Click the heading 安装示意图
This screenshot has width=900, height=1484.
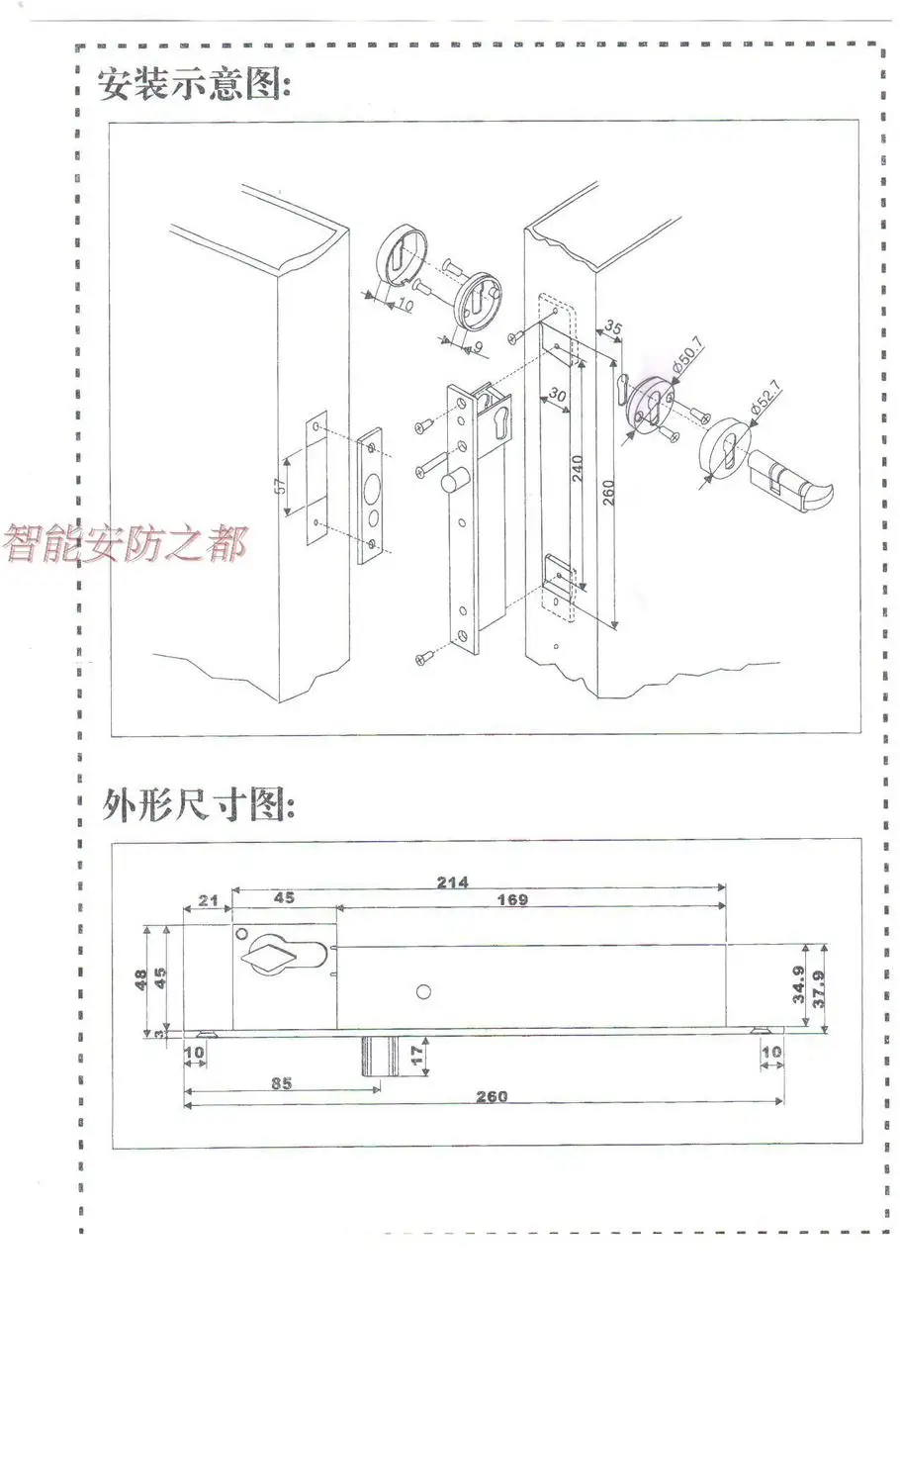(194, 84)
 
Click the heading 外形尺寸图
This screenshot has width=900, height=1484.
(198, 805)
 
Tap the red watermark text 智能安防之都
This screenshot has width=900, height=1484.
(125, 543)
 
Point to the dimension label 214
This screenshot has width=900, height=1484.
(452, 881)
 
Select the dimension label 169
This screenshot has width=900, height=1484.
(511, 899)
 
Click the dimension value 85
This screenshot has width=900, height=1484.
(281, 1083)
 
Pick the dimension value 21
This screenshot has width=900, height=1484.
(208, 900)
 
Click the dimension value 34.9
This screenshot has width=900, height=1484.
(799, 987)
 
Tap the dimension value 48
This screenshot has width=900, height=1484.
(140, 979)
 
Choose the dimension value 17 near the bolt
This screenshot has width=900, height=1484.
(416, 1056)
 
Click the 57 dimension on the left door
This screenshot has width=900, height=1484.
(280, 485)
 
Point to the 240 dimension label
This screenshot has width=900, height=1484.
(578, 467)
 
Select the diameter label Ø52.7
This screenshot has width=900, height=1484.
(765, 399)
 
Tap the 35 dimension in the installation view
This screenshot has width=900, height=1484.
(613, 327)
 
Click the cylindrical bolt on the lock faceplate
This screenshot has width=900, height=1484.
(453, 487)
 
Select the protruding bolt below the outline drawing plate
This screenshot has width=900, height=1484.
(379, 1056)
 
